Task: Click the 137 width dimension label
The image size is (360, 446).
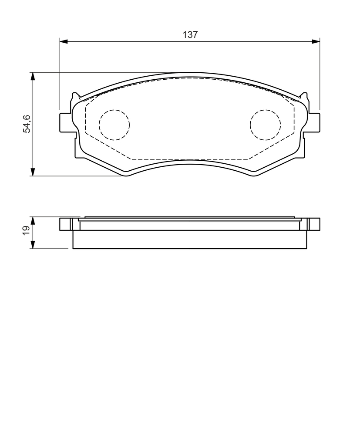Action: point(190,35)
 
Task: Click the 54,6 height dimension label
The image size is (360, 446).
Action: point(27,124)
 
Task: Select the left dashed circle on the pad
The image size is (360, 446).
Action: point(114,125)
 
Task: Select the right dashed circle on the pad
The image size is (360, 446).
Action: point(266,125)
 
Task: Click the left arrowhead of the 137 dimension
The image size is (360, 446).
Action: point(64,41)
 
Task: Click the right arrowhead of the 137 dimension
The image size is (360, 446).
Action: point(316,41)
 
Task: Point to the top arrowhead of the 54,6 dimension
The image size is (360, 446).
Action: point(33,76)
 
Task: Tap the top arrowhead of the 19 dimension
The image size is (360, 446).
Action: point(33,221)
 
